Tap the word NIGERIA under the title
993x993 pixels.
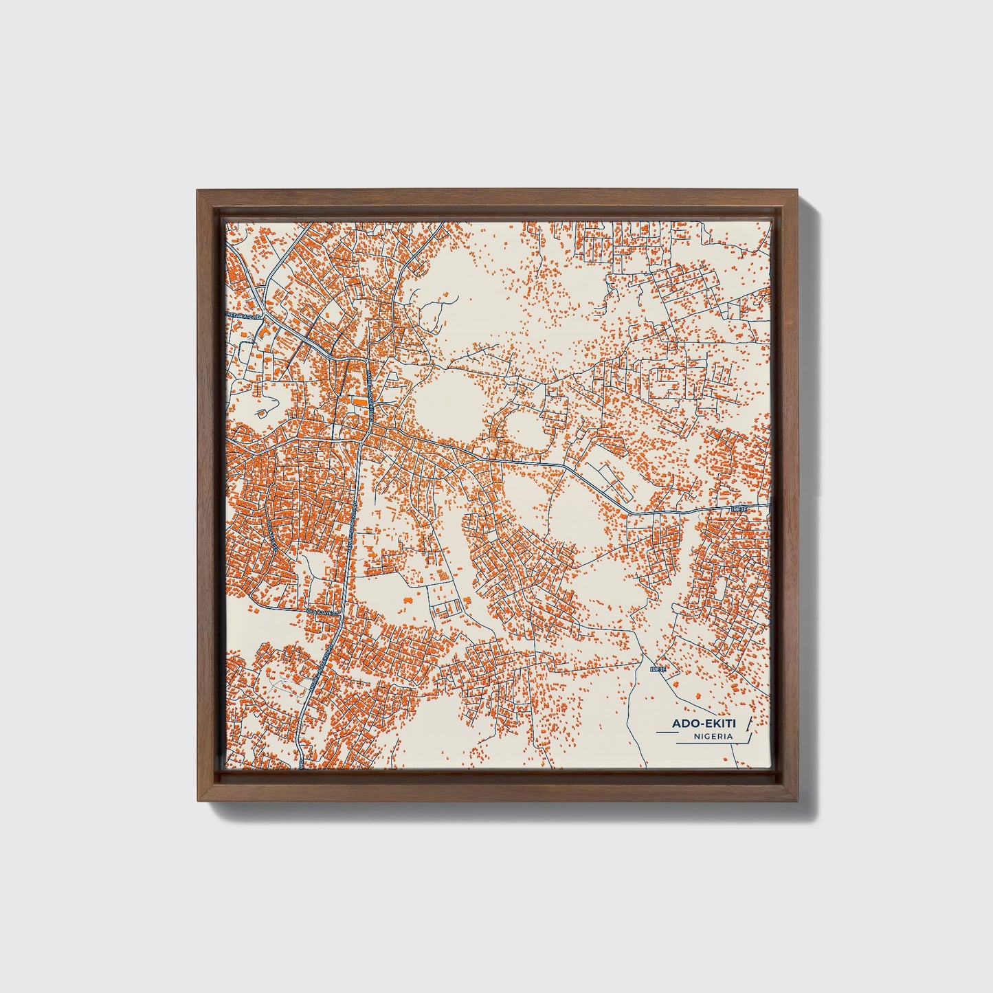click(x=713, y=736)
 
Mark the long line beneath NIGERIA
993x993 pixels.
click(x=708, y=743)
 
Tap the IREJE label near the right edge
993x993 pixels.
click(x=739, y=509)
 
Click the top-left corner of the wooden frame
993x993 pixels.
click(x=197, y=190)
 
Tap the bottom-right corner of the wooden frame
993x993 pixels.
click(x=800, y=801)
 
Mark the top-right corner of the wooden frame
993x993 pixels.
click(x=800, y=190)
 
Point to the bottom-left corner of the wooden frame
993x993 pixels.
click(x=197, y=801)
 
